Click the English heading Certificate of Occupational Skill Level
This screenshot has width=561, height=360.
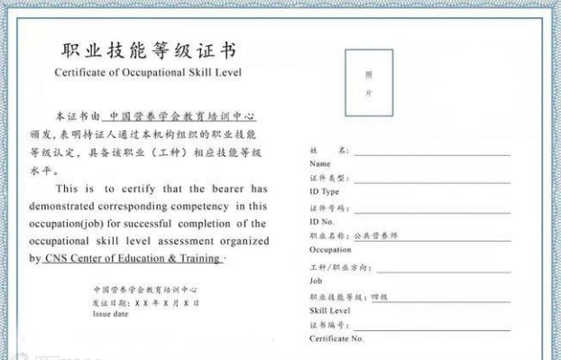[148, 72]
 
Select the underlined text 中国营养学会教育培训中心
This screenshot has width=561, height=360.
[182, 116]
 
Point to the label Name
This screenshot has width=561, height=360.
[319, 164]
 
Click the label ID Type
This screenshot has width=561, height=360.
[324, 191]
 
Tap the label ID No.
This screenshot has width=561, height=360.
[322, 221]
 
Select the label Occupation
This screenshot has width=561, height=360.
[329, 249]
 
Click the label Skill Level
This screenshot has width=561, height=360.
[329, 309]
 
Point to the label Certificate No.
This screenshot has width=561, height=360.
[336, 338]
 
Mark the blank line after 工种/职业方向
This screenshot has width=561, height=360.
[442, 269]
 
